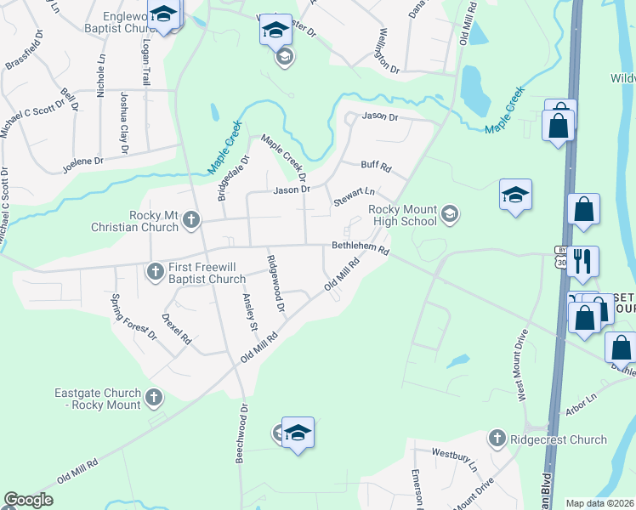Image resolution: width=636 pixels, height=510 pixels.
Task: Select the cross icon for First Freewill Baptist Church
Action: pyautogui.click(x=155, y=272)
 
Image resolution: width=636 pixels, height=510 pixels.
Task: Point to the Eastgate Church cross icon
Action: pyautogui.click(x=154, y=397)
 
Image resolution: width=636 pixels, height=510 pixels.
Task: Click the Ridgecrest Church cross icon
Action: pyautogui.click(x=497, y=439)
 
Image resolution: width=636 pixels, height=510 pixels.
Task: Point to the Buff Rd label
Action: pyautogui.click(x=375, y=167)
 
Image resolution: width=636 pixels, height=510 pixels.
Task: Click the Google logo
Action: pyautogui.click(x=29, y=500)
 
